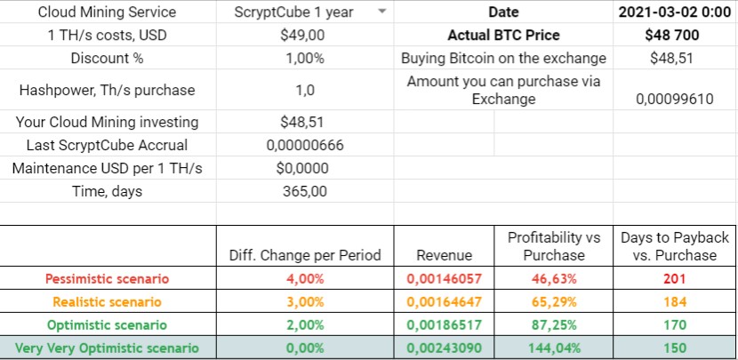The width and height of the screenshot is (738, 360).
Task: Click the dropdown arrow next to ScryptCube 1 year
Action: click(381, 12)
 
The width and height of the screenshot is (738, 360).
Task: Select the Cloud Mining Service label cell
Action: click(108, 12)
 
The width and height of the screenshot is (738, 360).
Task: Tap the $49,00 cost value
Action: click(302, 36)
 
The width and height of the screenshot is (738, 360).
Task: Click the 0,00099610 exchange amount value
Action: click(675, 99)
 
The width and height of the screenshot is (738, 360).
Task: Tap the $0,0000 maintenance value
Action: click(302, 168)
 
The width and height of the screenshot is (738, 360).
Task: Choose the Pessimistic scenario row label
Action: click(108, 278)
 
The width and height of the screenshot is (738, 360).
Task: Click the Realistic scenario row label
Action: click(108, 302)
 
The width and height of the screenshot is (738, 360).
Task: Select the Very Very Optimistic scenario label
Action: click(108, 348)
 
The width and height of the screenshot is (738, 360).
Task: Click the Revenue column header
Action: click(444, 255)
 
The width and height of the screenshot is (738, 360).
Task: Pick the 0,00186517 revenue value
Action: click(444, 325)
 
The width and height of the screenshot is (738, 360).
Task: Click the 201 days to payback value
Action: click(675, 278)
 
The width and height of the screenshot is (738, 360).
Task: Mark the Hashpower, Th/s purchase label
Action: click(108, 90)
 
